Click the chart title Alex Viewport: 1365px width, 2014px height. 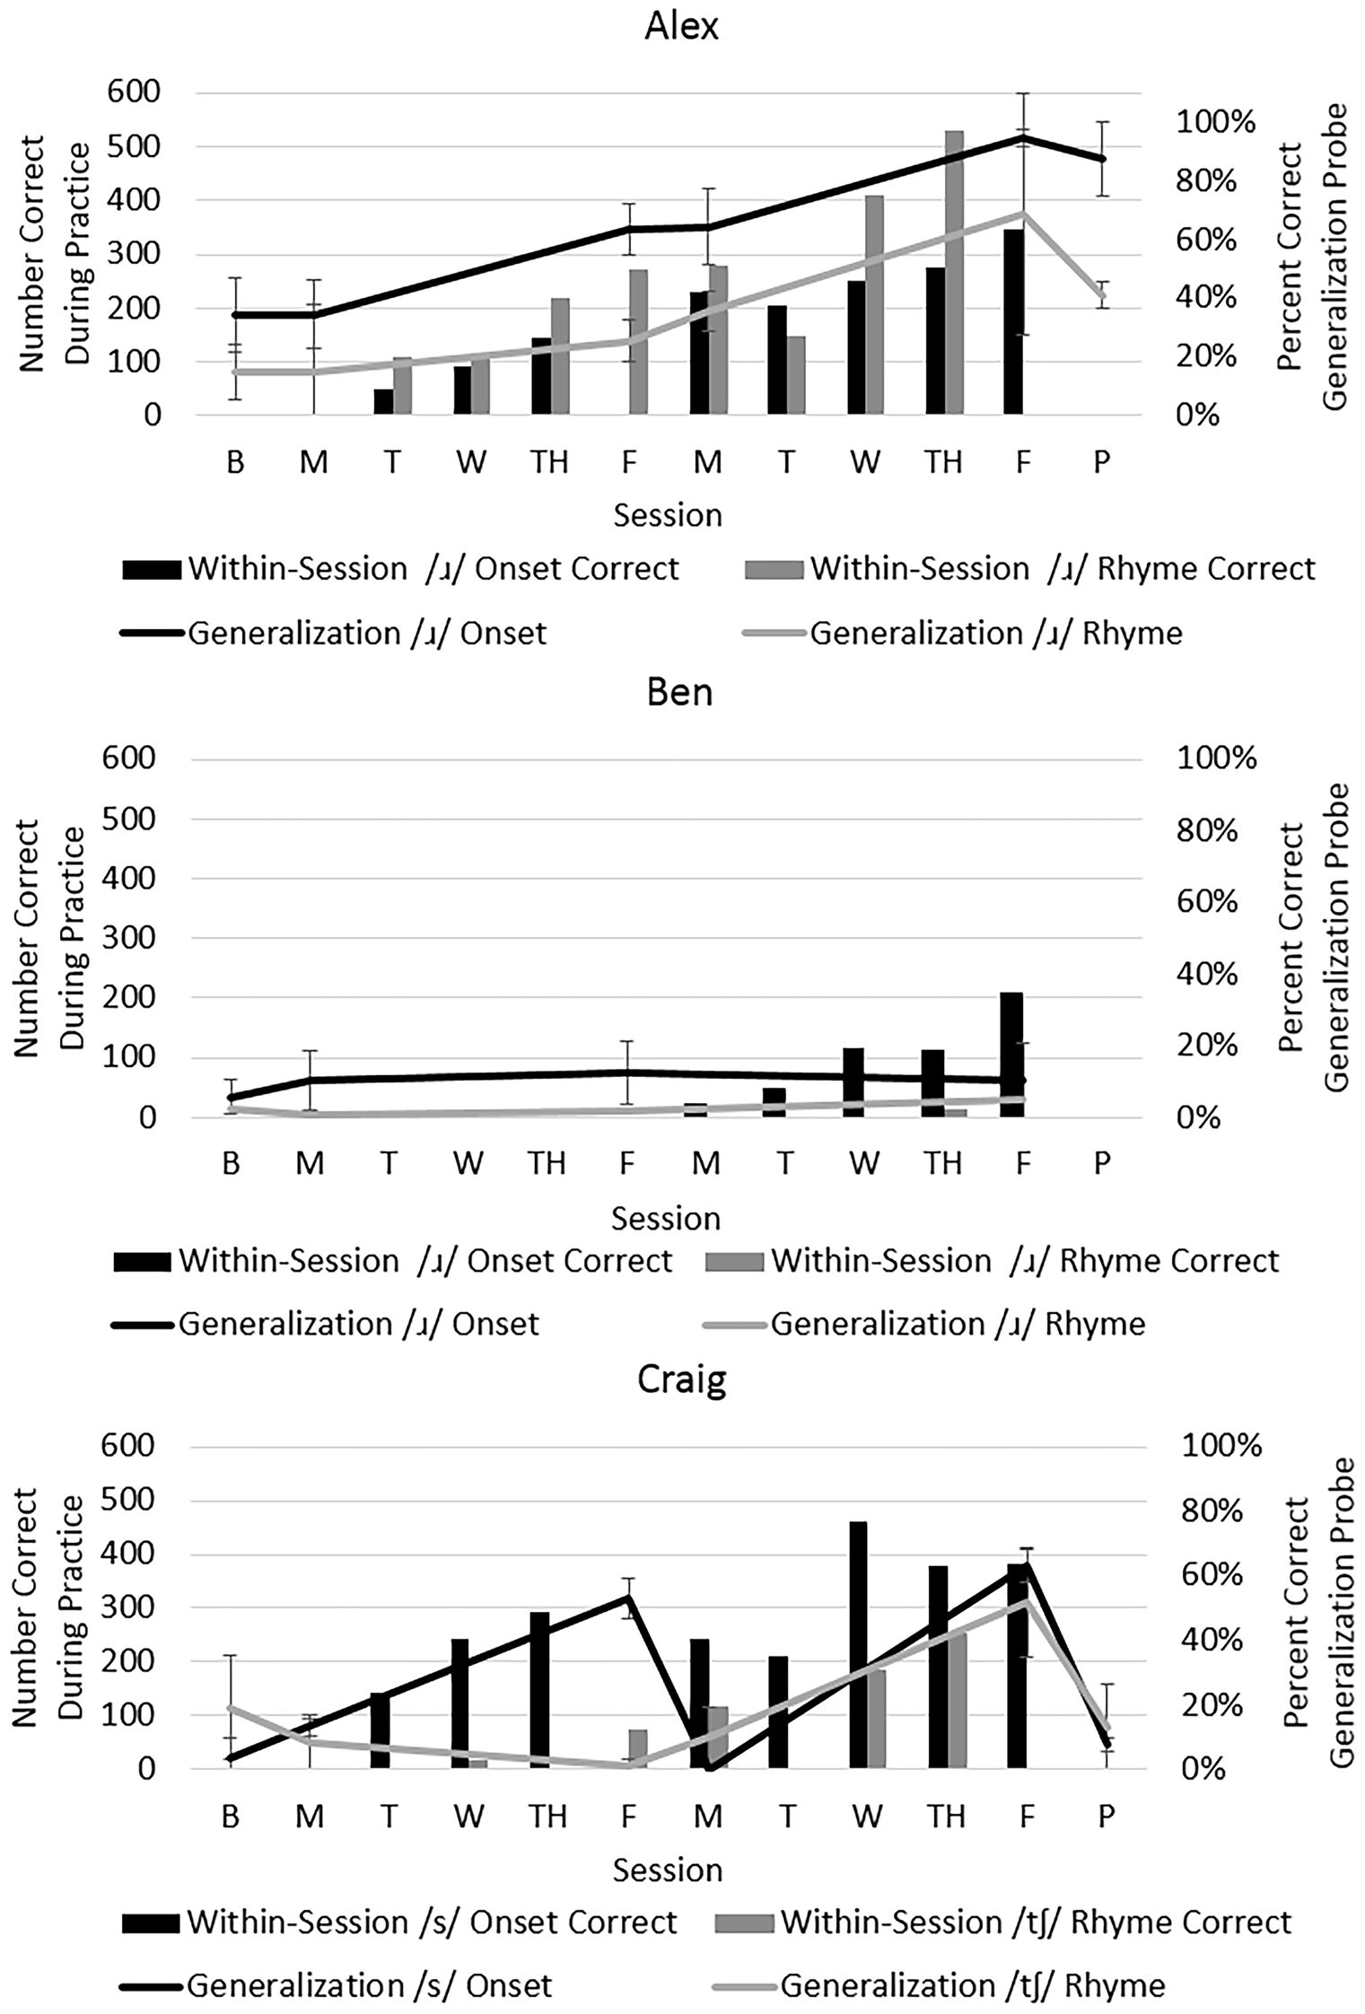pos(681,27)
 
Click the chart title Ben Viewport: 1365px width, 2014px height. pos(679,693)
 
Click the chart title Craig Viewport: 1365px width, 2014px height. pos(681,1380)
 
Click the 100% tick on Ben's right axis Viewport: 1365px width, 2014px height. pos(1217,758)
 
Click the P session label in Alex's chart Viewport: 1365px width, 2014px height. pos(1101,461)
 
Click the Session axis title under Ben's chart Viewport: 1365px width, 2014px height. pos(666,1218)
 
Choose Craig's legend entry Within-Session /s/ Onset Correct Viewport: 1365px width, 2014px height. pos(399,1922)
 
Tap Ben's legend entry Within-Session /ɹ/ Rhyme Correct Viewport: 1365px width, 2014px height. pos(992,1261)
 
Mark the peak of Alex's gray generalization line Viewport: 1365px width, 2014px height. pos(1022,214)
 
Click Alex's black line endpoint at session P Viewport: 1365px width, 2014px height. pos(1101,159)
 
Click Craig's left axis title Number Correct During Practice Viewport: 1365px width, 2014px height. pos(49,1607)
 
